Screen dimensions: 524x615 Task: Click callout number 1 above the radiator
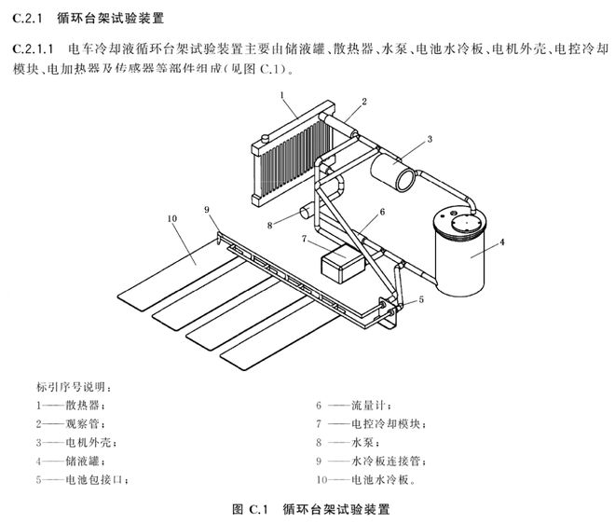(x=280, y=94)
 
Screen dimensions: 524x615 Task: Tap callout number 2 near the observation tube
(x=364, y=101)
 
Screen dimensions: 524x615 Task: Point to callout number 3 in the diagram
(x=429, y=139)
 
